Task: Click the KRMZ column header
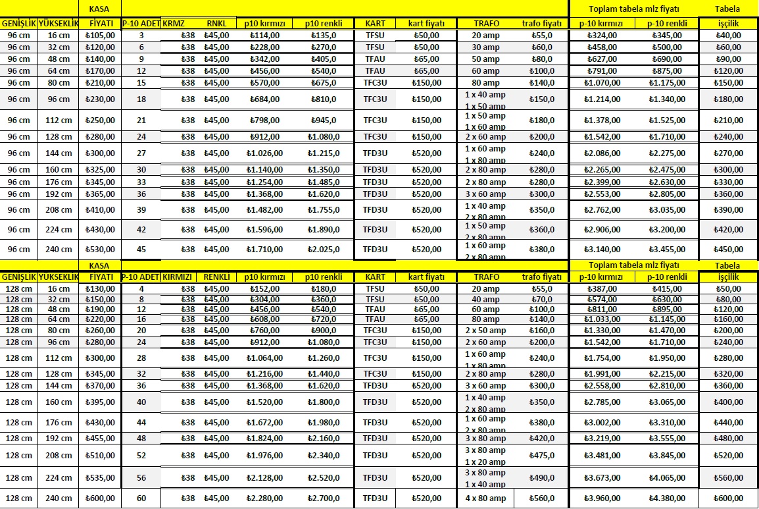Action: [174, 23]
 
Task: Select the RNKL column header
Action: [216, 23]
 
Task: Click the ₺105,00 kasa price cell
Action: [100, 35]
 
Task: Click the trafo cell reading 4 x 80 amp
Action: [485, 498]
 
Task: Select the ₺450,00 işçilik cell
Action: [728, 250]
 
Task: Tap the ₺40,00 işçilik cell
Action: [728, 35]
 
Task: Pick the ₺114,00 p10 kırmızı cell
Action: [264, 35]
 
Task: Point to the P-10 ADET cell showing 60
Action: [141, 498]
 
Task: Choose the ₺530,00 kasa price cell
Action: [100, 250]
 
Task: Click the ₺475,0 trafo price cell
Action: [545, 455]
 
